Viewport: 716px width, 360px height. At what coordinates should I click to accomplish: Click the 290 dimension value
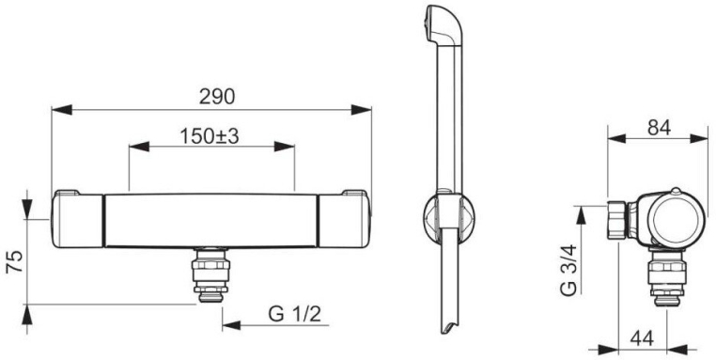click(216, 97)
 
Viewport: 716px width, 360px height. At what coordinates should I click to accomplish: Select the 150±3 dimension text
click(210, 136)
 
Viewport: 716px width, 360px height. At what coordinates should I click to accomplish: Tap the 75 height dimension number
click(15, 261)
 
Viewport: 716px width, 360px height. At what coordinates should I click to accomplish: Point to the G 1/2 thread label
click(295, 315)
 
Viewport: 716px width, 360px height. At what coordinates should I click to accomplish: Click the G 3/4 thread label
click(569, 271)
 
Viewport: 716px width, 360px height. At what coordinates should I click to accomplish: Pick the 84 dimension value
click(659, 129)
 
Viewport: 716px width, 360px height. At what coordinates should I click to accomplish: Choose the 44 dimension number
click(642, 338)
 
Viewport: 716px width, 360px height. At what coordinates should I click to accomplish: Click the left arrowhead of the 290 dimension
click(62, 110)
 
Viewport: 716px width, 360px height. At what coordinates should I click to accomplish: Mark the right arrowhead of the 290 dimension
click(361, 110)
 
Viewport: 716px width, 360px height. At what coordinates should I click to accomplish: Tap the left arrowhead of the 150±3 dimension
click(139, 147)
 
